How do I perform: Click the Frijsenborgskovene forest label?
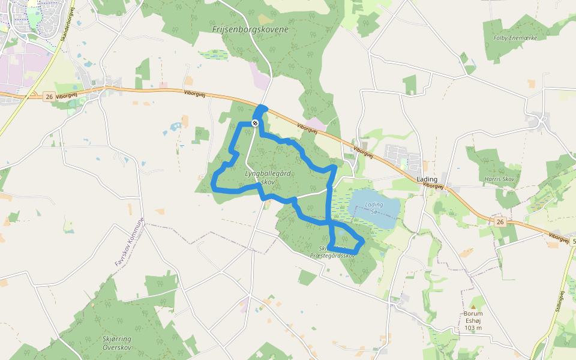coord(250,29)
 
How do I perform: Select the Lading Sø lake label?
coord(373,208)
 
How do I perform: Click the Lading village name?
coord(427,179)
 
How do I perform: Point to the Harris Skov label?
coord(500,179)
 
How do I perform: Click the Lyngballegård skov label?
coord(268,177)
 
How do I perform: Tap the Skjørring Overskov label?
coord(117,343)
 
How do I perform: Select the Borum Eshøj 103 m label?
coord(473,320)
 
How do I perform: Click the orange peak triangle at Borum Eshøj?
coord(473,306)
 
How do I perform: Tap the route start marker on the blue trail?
coord(255,123)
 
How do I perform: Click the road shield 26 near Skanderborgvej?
coord(49,96)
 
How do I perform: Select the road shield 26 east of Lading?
coord(500,221)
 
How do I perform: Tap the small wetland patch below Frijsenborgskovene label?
coord(214,55)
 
